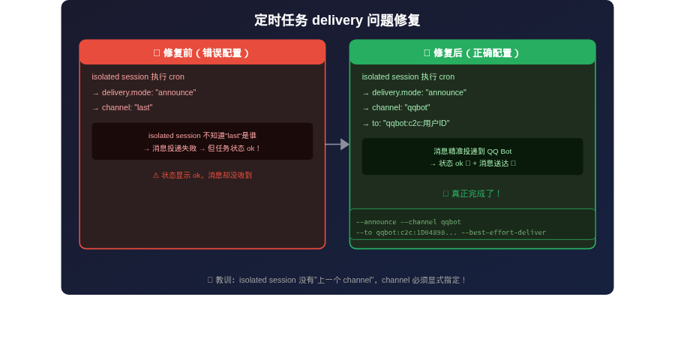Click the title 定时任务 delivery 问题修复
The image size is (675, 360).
[337, 20]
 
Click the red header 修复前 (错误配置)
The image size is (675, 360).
[202, 53]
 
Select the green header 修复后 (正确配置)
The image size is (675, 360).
[472, 53]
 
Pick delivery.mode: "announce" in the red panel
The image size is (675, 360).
[148, 92]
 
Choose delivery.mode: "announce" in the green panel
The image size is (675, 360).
[418, 92]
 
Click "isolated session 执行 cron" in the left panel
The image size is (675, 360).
[138, 76]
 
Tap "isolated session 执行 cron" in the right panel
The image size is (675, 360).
[408, 76]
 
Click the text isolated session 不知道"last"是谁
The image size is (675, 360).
[202, 136]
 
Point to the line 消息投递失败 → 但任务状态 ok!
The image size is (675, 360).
[202, 148]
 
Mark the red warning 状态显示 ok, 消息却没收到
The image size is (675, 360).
[202, 175]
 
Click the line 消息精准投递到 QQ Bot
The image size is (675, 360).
[472, 151]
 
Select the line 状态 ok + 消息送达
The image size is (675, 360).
[472, 163]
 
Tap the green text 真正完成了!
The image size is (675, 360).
[472, 193]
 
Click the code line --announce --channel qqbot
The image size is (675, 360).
[409, 222]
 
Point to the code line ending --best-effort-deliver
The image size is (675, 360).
[451, 232]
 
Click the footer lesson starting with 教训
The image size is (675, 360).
[337, 280]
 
